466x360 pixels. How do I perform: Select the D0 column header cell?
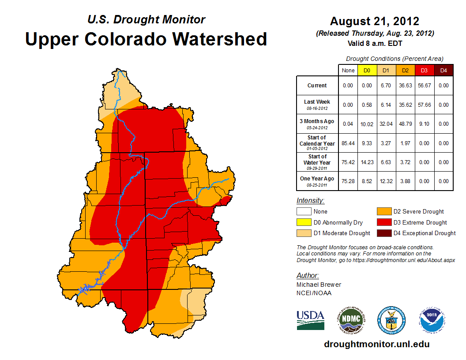(x=367, y=71)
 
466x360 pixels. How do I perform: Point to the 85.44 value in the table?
(x=348, y=143)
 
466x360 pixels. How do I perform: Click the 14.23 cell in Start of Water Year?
(x=367, y=162)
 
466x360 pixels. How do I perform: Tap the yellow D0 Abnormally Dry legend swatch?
(x=304, y=222)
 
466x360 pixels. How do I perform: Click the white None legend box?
(x=304, y=212)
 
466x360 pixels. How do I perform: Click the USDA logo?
(x=311, y=320)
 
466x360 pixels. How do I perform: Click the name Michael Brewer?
(x=319, y=285)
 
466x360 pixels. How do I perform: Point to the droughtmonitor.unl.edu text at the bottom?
(x=376, y=344)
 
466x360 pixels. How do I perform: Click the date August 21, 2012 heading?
(x=375, y=21)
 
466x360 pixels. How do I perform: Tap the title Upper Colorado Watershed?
(x=146, y=39)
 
